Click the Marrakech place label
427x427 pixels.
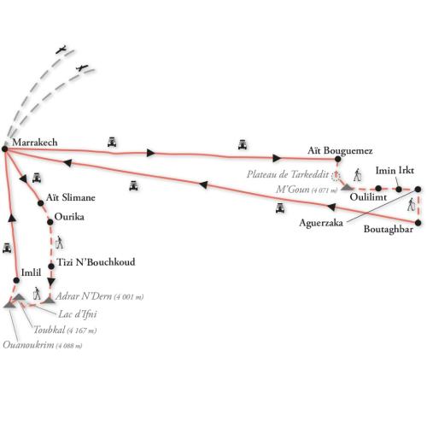click(35, 143)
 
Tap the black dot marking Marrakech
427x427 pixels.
click(4, 149)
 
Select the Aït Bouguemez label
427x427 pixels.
click(340, 151)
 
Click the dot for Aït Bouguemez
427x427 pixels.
click(338, 159)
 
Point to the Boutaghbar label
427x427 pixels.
click(389, 229)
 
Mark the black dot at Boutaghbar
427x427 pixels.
click(418, 223)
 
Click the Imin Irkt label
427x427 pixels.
click(395, 171)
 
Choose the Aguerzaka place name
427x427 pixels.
click(321, 223)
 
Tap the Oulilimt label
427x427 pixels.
click(368, 197)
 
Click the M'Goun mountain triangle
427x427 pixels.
click(347, 187)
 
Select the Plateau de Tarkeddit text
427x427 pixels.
click(288, 174)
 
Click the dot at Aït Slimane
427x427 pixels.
click(41, 203)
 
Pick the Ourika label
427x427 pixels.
click(69, 217)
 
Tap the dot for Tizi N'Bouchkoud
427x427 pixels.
click(51, 266)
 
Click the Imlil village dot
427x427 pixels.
click(16, 280)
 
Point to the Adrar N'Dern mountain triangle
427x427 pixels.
click(49, 301)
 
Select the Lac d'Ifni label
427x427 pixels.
click(78, 314)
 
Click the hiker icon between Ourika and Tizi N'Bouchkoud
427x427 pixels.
click(59, 243)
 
